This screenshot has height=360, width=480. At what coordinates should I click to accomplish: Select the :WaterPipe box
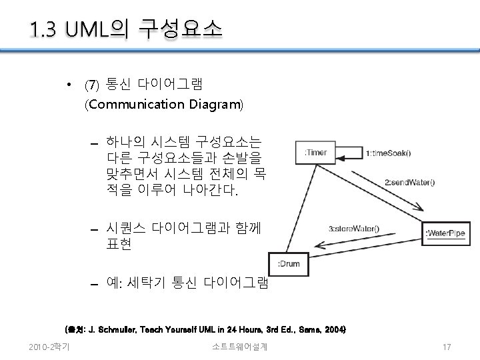pos(445,233)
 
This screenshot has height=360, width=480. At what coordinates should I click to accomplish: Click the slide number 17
pos(447,346)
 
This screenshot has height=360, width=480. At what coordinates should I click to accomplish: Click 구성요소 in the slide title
pos(181,29)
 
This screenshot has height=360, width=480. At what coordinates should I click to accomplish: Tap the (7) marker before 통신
pos(91,85)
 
